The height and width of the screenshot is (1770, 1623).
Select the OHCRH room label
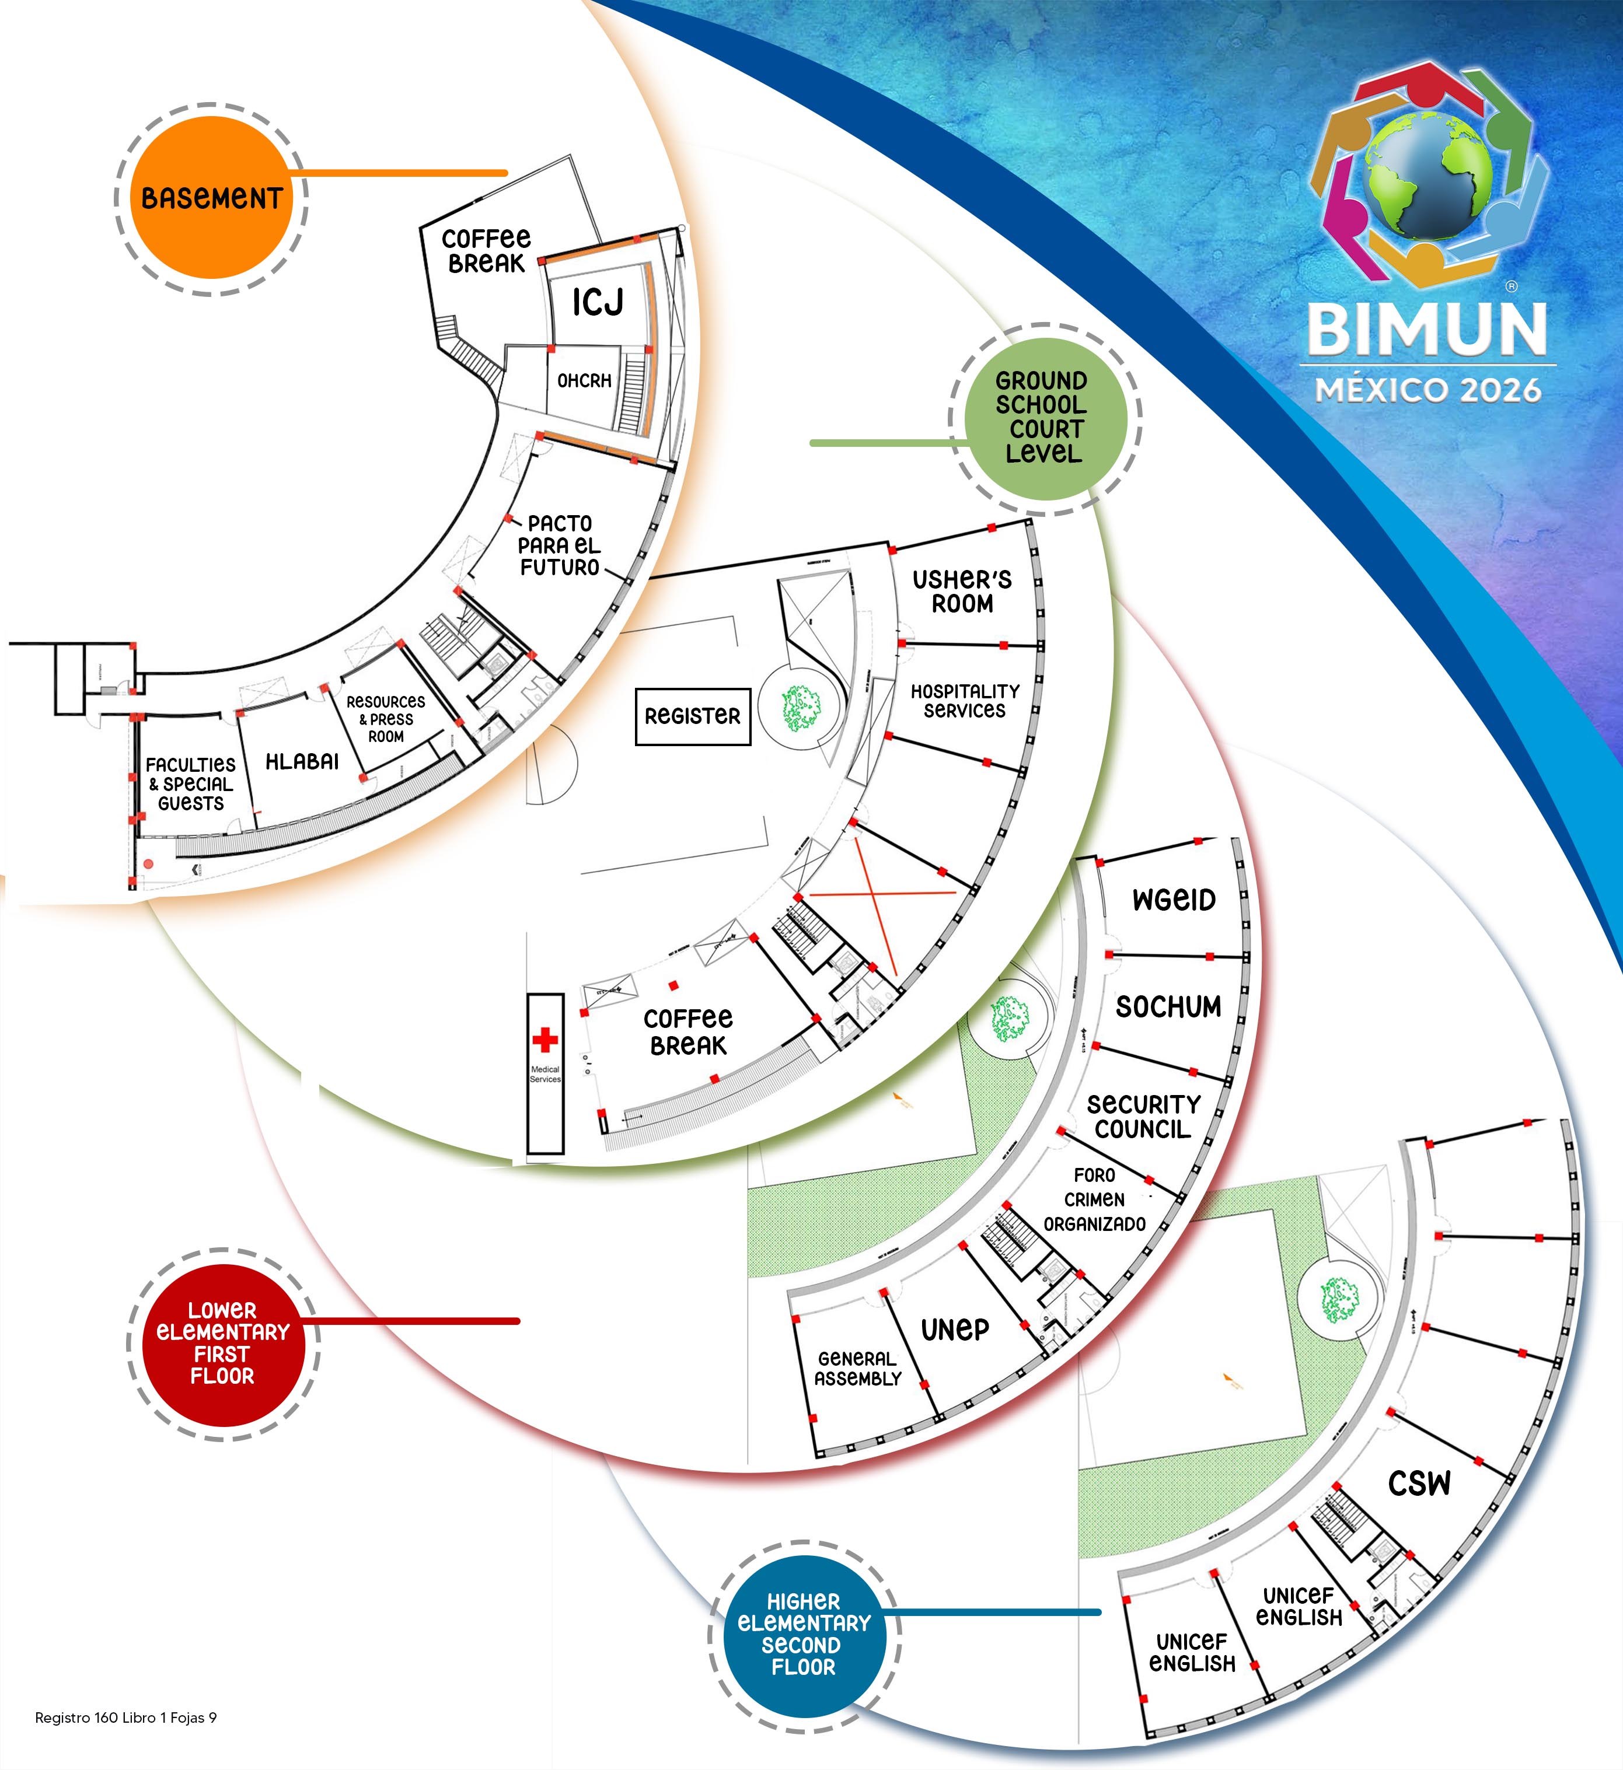point(584,381)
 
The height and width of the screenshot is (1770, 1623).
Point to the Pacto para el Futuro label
point(560,545)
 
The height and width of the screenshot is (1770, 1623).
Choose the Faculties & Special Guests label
point(191,784)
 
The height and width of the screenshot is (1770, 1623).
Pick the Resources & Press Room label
point(386,718)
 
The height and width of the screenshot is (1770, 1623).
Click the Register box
point(692,716)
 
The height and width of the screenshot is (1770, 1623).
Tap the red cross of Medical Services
point(545,1040)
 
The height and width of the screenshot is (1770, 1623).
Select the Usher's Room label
point(962,591)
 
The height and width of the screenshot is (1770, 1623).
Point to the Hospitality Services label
point(964,701)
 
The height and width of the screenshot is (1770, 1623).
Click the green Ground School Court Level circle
point(1042,417)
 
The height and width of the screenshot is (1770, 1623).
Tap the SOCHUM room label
point(1168,1006)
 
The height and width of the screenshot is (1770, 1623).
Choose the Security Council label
point(1143,1116)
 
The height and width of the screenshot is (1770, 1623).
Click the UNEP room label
point(955,1330)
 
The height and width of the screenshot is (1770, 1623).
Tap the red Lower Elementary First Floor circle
point(222,1344)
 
